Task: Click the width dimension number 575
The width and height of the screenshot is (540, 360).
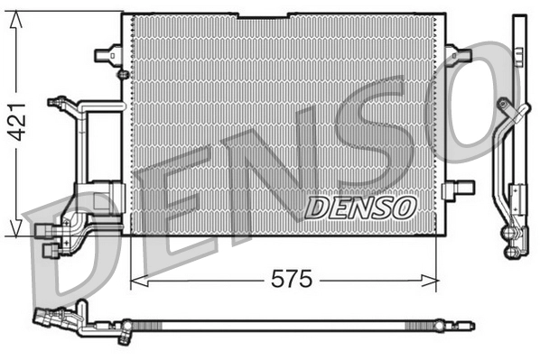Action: point(292,281)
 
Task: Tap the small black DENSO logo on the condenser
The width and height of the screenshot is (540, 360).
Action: point(359,208)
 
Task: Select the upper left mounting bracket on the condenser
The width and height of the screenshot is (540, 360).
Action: point(107,54)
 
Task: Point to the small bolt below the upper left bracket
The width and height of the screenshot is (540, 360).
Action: point(123,73)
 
